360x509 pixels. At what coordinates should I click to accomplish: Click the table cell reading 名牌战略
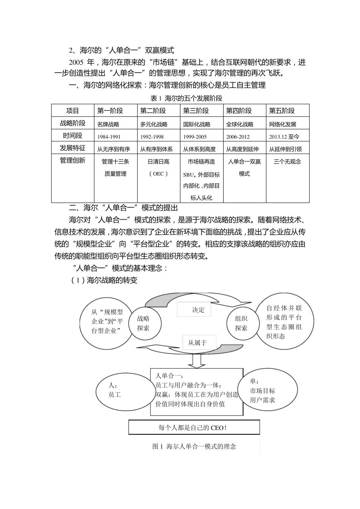tap(108, 124)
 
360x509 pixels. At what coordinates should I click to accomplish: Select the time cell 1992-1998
tap(152, 137)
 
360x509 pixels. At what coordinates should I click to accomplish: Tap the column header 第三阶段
tap(196, 111)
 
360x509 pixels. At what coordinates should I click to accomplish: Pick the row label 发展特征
tap(72, 148)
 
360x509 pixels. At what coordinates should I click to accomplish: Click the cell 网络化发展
tap(283, 124)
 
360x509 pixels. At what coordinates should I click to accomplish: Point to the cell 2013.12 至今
tap(284, 137)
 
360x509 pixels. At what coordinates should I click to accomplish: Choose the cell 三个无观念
tap(287, 162)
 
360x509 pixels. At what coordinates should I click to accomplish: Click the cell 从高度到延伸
tap(243, 149)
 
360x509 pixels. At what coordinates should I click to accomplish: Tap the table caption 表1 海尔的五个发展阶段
tap(186, 98)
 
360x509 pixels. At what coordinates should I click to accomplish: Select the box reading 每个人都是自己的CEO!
tap(194, 428)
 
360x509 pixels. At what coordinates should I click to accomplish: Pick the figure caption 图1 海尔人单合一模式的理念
tap(194, 447)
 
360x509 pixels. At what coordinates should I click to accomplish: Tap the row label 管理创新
tap(72, 161)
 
